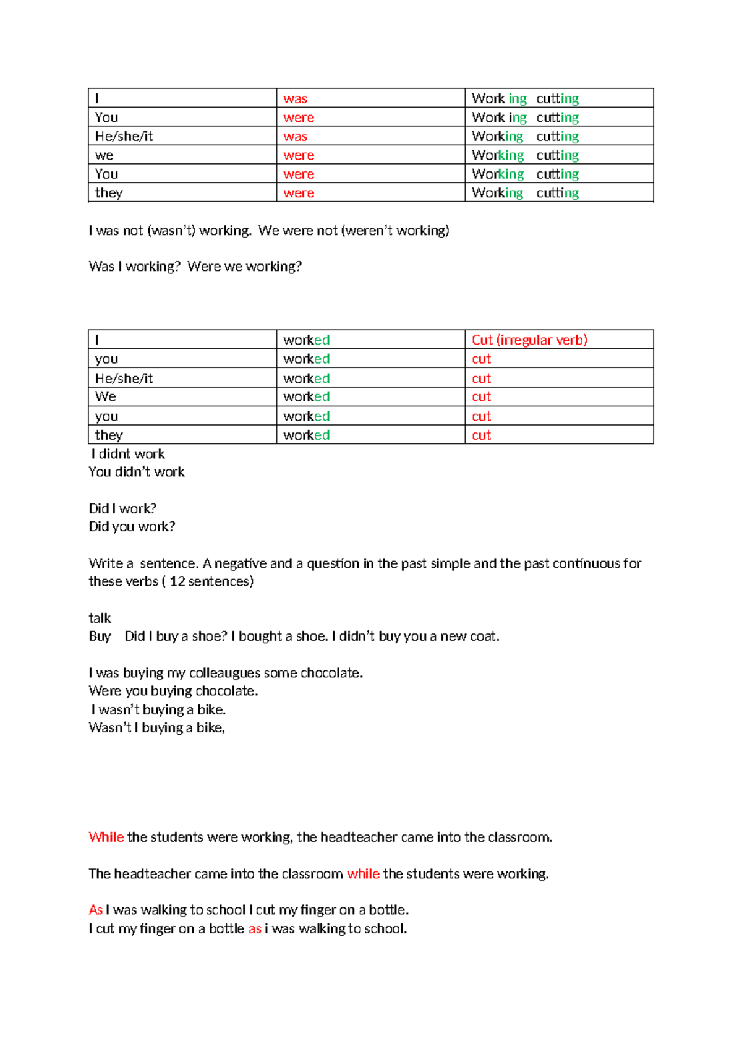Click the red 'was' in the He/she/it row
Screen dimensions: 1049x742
click(295, 136)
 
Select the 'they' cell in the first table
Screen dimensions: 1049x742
click(109, 193)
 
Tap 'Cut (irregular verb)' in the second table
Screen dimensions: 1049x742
click(529, 340)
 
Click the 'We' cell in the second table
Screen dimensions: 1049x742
click(106, 396)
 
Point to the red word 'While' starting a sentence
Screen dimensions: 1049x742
click(106, 837)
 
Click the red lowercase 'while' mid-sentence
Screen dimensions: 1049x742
click(363, 873)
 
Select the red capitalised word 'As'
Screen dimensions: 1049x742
click(95, 910)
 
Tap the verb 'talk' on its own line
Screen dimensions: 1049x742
click(100, 618)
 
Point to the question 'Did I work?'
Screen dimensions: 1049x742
click(122, 508)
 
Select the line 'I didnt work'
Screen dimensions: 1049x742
click(128, 454)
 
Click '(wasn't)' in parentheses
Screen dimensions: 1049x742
click(171, 231)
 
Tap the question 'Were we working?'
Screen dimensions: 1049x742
click(244, 267)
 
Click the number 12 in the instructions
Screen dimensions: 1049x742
click(177, 581)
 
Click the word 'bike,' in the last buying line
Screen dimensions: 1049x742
click(210, 728)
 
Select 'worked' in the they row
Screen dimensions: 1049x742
click(306, 435)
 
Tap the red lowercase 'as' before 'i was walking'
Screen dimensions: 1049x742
click(255, 928)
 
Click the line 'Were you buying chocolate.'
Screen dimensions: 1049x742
click(173, 691)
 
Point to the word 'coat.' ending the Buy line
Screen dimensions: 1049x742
click(485, 636)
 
